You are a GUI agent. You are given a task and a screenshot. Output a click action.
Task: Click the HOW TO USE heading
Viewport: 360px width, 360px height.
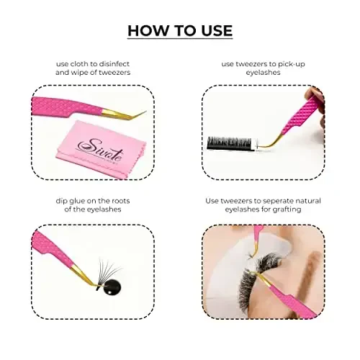coord(180,30)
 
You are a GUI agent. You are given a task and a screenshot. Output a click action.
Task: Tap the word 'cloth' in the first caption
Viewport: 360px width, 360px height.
coord(76,64)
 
